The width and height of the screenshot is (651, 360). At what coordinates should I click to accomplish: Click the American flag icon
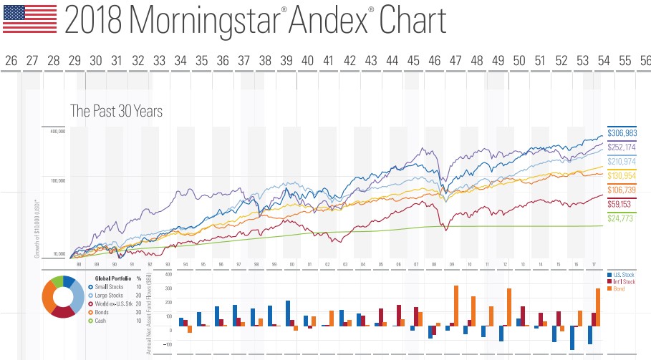click(30, 19)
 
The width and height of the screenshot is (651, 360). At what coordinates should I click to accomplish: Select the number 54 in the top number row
click(603, 60)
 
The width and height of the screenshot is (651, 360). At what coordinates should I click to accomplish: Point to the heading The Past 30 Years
click(116, 111)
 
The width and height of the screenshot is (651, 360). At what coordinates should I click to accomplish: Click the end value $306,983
click(622, 133)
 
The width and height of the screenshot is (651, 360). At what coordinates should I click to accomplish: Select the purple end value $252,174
click(622, 147)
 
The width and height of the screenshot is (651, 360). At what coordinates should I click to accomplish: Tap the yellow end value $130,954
click(622, 175)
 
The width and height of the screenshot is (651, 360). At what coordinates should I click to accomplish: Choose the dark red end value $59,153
click(622, 203)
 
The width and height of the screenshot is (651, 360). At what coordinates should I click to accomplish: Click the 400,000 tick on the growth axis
click(57, 132)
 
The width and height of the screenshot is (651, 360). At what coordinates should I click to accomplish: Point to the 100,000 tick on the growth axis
click(57, 181)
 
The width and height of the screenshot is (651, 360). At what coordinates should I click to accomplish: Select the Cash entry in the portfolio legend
click(102, 320)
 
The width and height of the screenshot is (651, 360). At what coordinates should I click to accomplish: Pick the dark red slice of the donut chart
click(62, 311)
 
